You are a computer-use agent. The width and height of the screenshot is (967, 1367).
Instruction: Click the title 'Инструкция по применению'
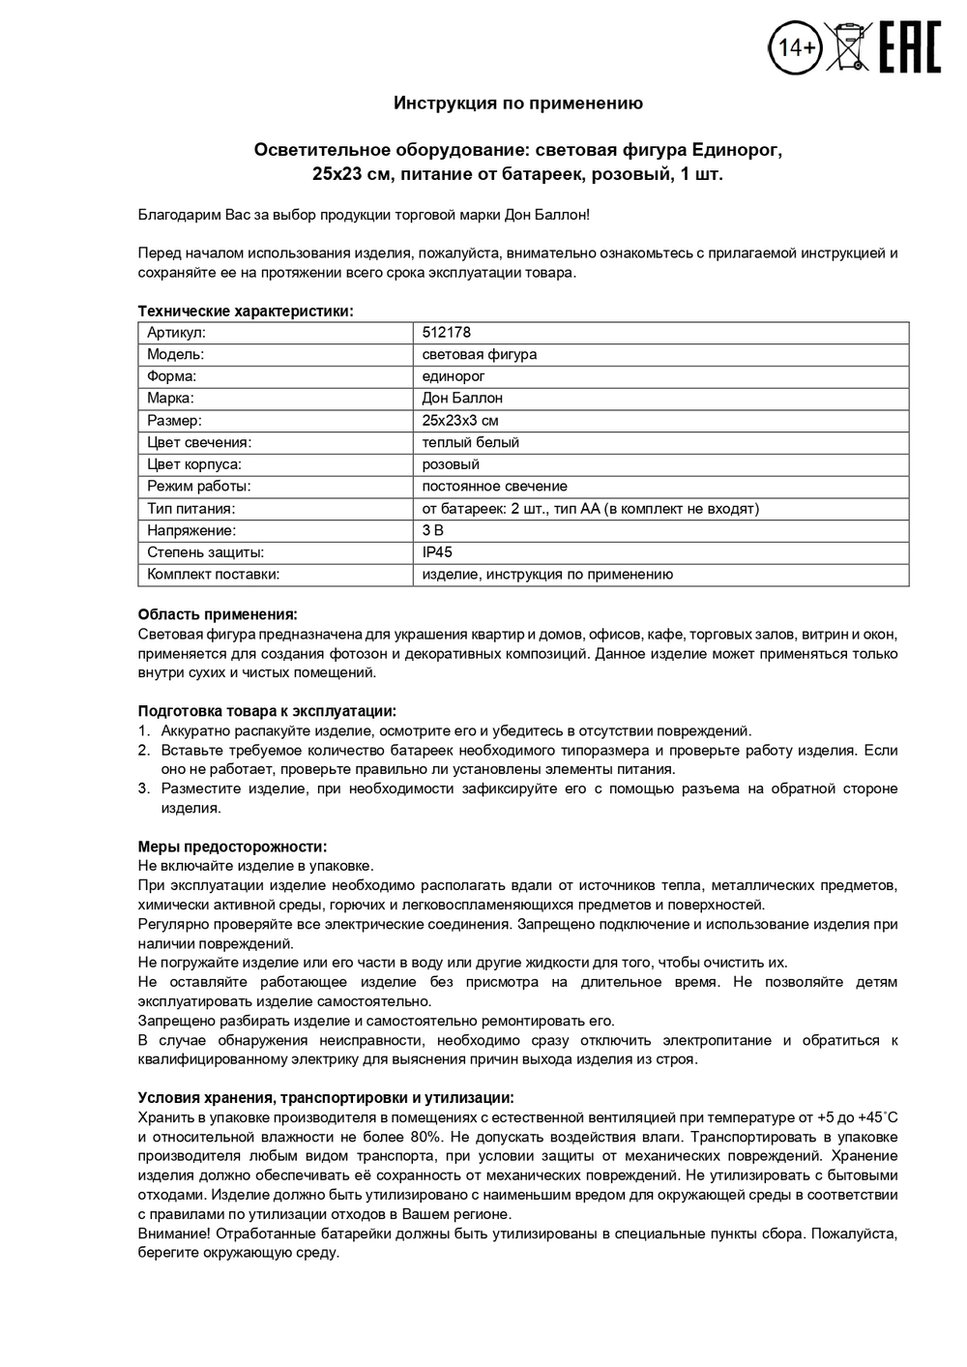[517, 103]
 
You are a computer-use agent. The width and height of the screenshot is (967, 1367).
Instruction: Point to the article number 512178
[447, 333]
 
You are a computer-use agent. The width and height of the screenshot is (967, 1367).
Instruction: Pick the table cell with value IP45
[437, 552]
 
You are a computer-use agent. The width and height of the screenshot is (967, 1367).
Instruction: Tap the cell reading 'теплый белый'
[471, 442]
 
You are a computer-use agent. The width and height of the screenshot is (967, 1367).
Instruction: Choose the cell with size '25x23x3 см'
[460, 421]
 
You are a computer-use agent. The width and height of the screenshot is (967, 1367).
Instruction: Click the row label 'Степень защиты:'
[205, 552]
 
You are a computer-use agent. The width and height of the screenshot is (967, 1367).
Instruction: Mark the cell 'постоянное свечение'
[494, 487]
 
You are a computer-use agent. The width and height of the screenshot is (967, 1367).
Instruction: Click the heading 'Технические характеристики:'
[246, 312]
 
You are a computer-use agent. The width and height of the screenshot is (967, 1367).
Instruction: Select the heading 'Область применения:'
[218, 614]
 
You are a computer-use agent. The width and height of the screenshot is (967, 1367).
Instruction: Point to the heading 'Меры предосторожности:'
[232, 847]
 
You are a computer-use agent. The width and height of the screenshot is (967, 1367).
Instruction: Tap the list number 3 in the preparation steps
[143, 788]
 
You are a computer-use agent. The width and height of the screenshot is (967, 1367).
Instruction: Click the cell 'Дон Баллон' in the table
[462, 399]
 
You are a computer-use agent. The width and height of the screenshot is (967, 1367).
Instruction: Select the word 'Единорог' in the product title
[735, 150]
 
